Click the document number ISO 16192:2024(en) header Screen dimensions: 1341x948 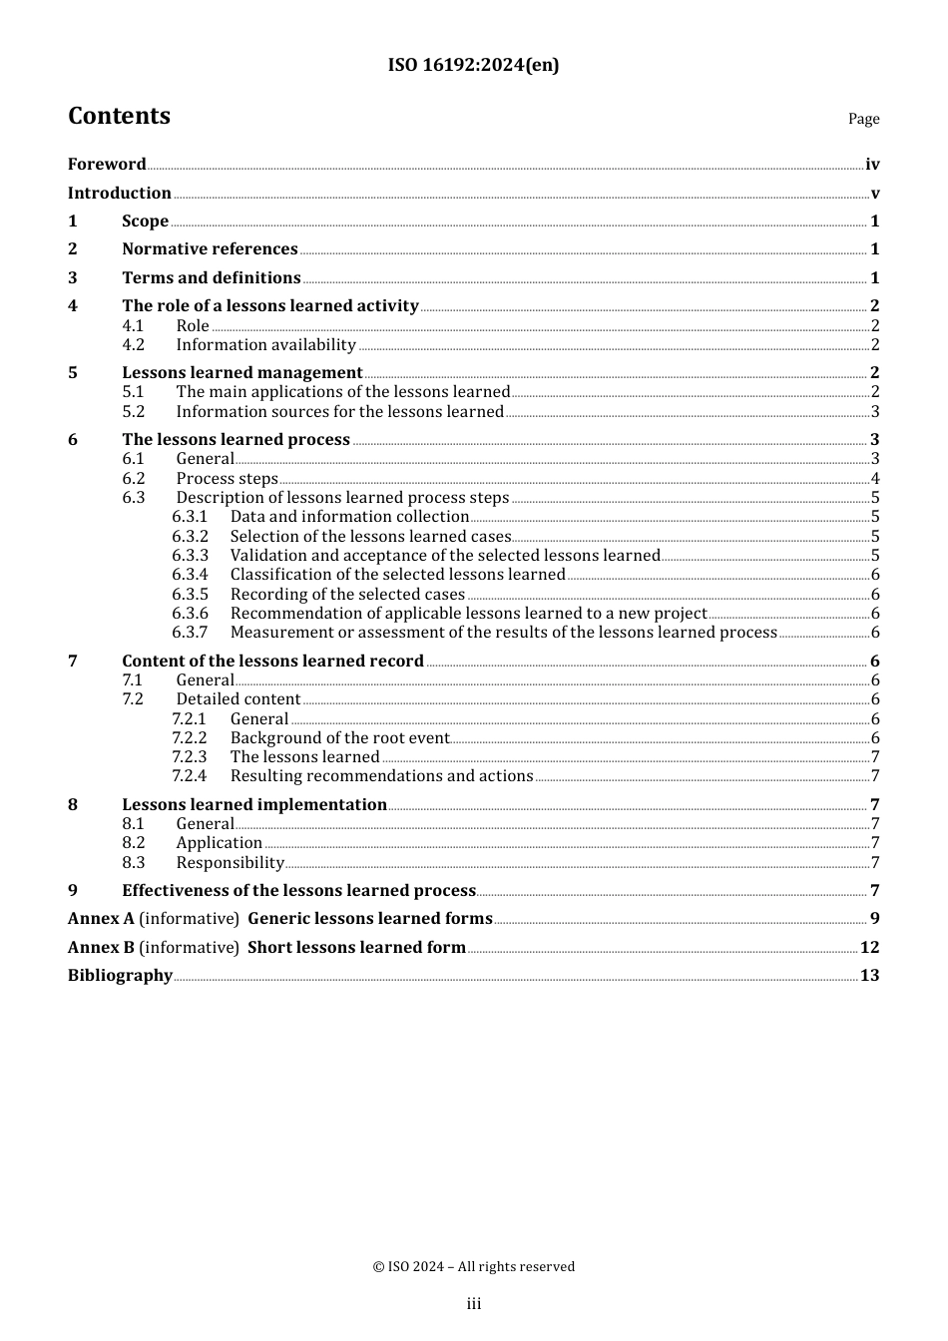click(473, 65)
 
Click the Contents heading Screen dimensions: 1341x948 click(119, 116)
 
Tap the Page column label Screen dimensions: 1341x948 click(863, 119)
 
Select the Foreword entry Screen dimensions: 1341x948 click(107, 165)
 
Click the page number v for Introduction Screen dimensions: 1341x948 click(875, 194)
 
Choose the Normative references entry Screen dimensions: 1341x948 click(210, 249)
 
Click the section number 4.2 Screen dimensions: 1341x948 click(134, 345)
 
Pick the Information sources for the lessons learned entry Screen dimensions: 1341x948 click(339, 412)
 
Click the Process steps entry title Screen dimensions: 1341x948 click(227, 479)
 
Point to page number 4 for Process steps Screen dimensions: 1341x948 click(875, 479)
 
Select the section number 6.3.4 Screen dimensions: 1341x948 click(190, 575)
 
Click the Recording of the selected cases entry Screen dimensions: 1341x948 click(347, 595)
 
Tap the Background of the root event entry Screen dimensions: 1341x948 click(339, 738)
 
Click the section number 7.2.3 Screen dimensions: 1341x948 click(190, 757)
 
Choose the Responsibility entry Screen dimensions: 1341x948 click(230, 863)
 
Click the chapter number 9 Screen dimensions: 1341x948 click(73, 891)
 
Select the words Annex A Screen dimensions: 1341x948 click(101, 919)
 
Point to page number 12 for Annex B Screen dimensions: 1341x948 click(869, 948)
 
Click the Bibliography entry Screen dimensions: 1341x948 click(120, 976)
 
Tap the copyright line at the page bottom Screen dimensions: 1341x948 click(473, 1267)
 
